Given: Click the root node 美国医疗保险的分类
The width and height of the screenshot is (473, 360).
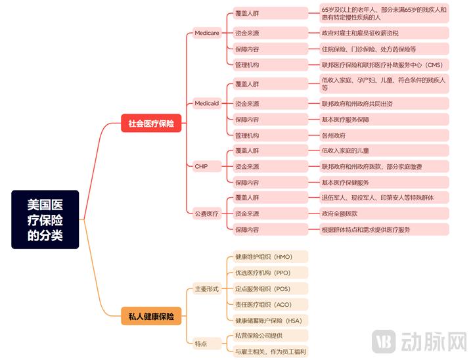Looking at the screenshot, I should (x=45, y=219).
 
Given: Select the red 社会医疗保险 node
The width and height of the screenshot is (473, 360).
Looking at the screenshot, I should (x=151, y=123).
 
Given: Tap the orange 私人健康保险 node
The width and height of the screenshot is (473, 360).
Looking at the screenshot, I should (x=151, y=317).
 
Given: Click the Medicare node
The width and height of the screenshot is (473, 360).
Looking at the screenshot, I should (x=207, y=33).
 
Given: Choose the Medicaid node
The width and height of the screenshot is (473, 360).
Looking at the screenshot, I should (x=207, y=104).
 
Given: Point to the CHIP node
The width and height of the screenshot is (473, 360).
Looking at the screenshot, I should (x=201, y=166).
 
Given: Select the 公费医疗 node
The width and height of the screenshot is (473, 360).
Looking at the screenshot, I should (x=206, y=214).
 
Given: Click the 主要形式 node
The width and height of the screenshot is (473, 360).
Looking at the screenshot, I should (x=206, y=289).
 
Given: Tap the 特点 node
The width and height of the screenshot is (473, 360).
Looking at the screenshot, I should (x=201, y=344).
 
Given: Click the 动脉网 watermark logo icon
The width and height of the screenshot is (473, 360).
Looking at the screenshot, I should (x=384, y=342).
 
